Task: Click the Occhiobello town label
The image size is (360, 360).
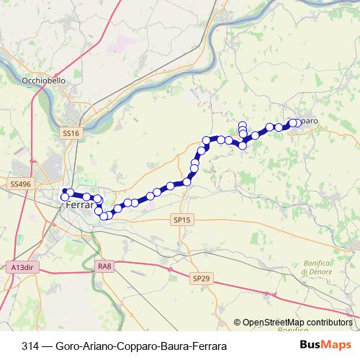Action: (45, 81)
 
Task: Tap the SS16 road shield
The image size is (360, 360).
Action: (71, 133)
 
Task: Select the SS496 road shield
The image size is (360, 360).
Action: (21, 184)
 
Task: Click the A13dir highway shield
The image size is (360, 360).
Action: (22, 267)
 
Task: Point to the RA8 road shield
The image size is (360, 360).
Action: (105, 267)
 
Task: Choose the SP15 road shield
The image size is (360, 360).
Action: (181, 219)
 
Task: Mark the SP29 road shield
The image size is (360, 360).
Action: (200, 277)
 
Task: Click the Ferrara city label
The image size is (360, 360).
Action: (79, 205)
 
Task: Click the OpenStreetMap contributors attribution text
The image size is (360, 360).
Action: (297, 323)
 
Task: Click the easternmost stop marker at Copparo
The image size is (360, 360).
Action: (296, 123)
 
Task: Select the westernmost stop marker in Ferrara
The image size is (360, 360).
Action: (65, 197)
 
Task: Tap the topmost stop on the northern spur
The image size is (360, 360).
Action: (243, 125)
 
